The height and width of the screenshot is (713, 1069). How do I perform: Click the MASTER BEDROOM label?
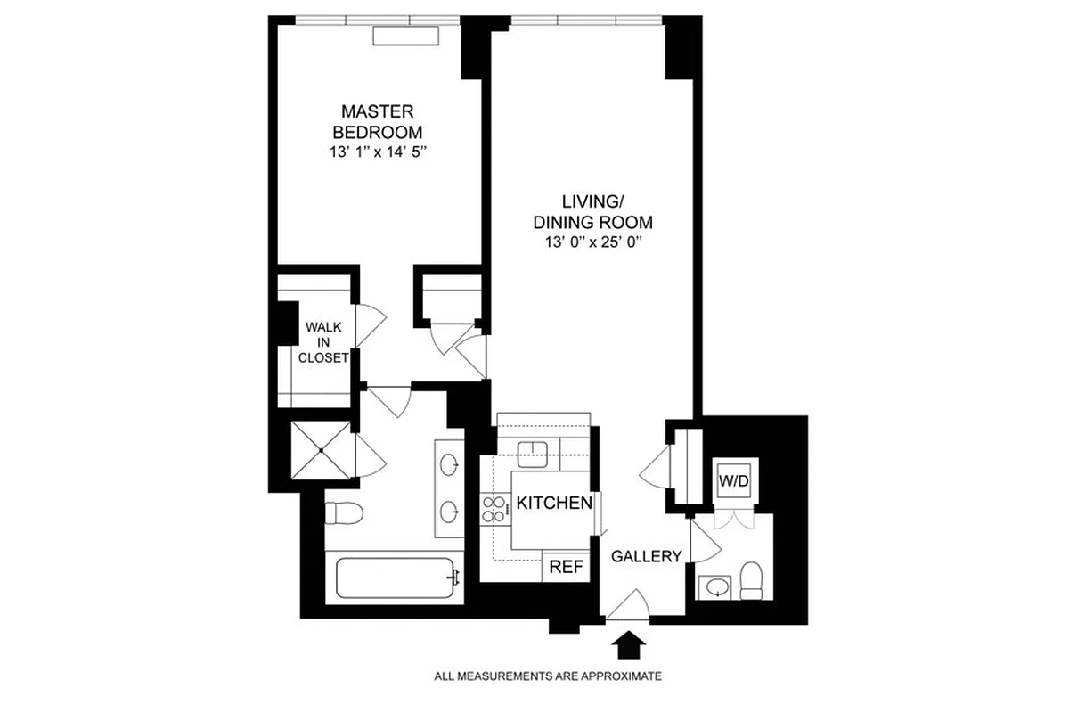pos(378,121)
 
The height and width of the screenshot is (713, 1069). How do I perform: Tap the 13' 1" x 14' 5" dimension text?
pos(378,152)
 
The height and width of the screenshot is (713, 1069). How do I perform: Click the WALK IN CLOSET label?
pos(325,343)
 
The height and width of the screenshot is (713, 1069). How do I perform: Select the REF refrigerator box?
pos(566,566)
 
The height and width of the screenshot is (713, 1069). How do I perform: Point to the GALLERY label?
pos(646,556)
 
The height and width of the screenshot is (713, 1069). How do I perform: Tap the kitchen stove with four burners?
pos(493,510)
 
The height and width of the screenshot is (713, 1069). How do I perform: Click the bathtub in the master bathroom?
pos(396,578)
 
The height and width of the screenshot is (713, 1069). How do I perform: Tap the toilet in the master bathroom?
pos(343,514)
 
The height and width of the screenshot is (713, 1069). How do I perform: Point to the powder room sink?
pos(715,586)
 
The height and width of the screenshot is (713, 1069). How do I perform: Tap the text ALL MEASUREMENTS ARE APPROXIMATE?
pos(548,676)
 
